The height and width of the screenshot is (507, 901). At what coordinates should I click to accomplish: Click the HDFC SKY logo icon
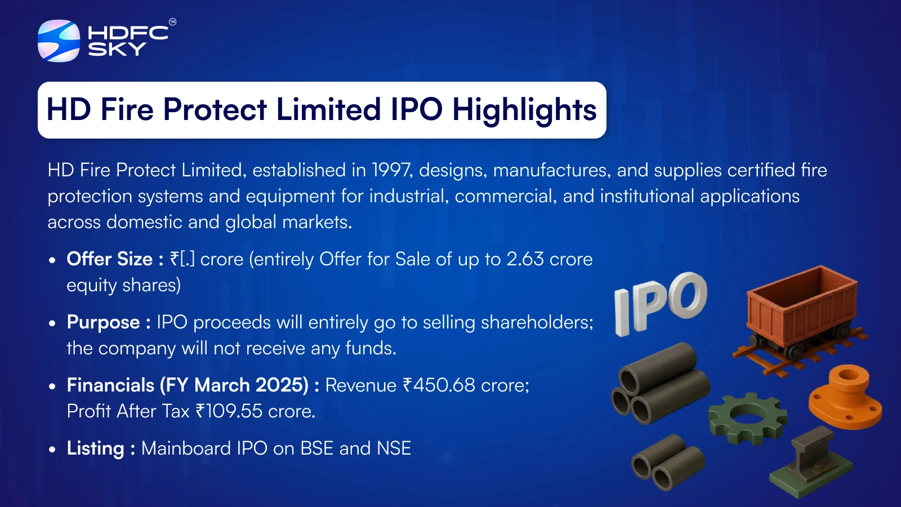(59, 41)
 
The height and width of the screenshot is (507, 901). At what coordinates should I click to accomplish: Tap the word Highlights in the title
(524, 109)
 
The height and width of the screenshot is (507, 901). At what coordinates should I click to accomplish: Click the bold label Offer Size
(109, 259)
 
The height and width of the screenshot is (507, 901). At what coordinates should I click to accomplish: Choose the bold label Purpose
(104, 322)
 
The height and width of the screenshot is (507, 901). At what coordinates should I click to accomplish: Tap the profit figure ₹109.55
(229, 411)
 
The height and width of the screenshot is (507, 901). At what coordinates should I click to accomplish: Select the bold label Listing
(96, 448)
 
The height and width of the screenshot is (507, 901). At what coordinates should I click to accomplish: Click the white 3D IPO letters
(661, 304)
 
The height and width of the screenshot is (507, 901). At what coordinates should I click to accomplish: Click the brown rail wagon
(800, 318)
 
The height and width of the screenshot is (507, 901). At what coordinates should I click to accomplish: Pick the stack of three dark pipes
(659, 383)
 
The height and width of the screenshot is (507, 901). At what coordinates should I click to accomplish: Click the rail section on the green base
(810, 462)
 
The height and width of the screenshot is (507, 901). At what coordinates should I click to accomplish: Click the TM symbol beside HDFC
(172, 22)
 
